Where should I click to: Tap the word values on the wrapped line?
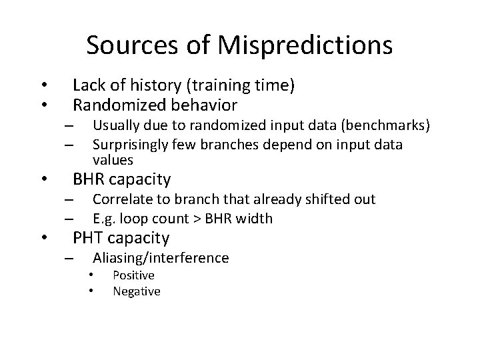click(x=113, y=160)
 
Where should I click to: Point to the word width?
click(x=256, y=219)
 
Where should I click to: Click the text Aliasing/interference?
click(x=161, y=258)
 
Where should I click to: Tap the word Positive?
click(x=133, y=275)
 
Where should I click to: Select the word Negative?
click(x=137, y=291)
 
